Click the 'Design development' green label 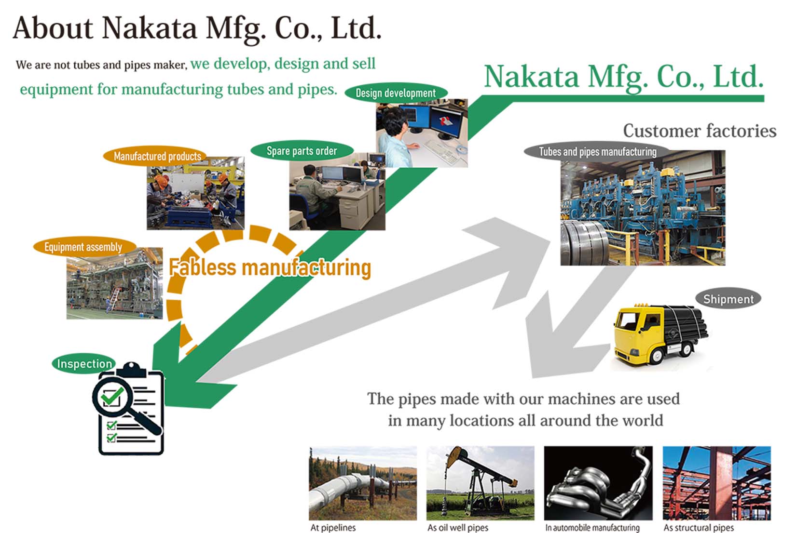click(x=396, y=93)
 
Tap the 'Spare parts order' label click(x=302, y=151)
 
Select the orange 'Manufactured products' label click(x=157, y=156)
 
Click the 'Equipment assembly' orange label click(x=83, y=247)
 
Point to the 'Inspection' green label click(x=84, y=364)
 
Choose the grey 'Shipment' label click(x=728, y=299)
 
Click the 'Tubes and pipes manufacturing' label click(x=597, y=152)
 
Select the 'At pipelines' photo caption click(x=333, y=528)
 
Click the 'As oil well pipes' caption click(x=458, y=528)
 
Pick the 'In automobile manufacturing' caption click(x=592, y=528)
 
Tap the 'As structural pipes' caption click(x=699, y=528)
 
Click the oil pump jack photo click(x=480, y=483)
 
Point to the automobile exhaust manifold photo click(x=598, y=483)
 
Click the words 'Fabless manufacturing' click(x=270, y=267)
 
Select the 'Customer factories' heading click(x=699, y=131)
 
